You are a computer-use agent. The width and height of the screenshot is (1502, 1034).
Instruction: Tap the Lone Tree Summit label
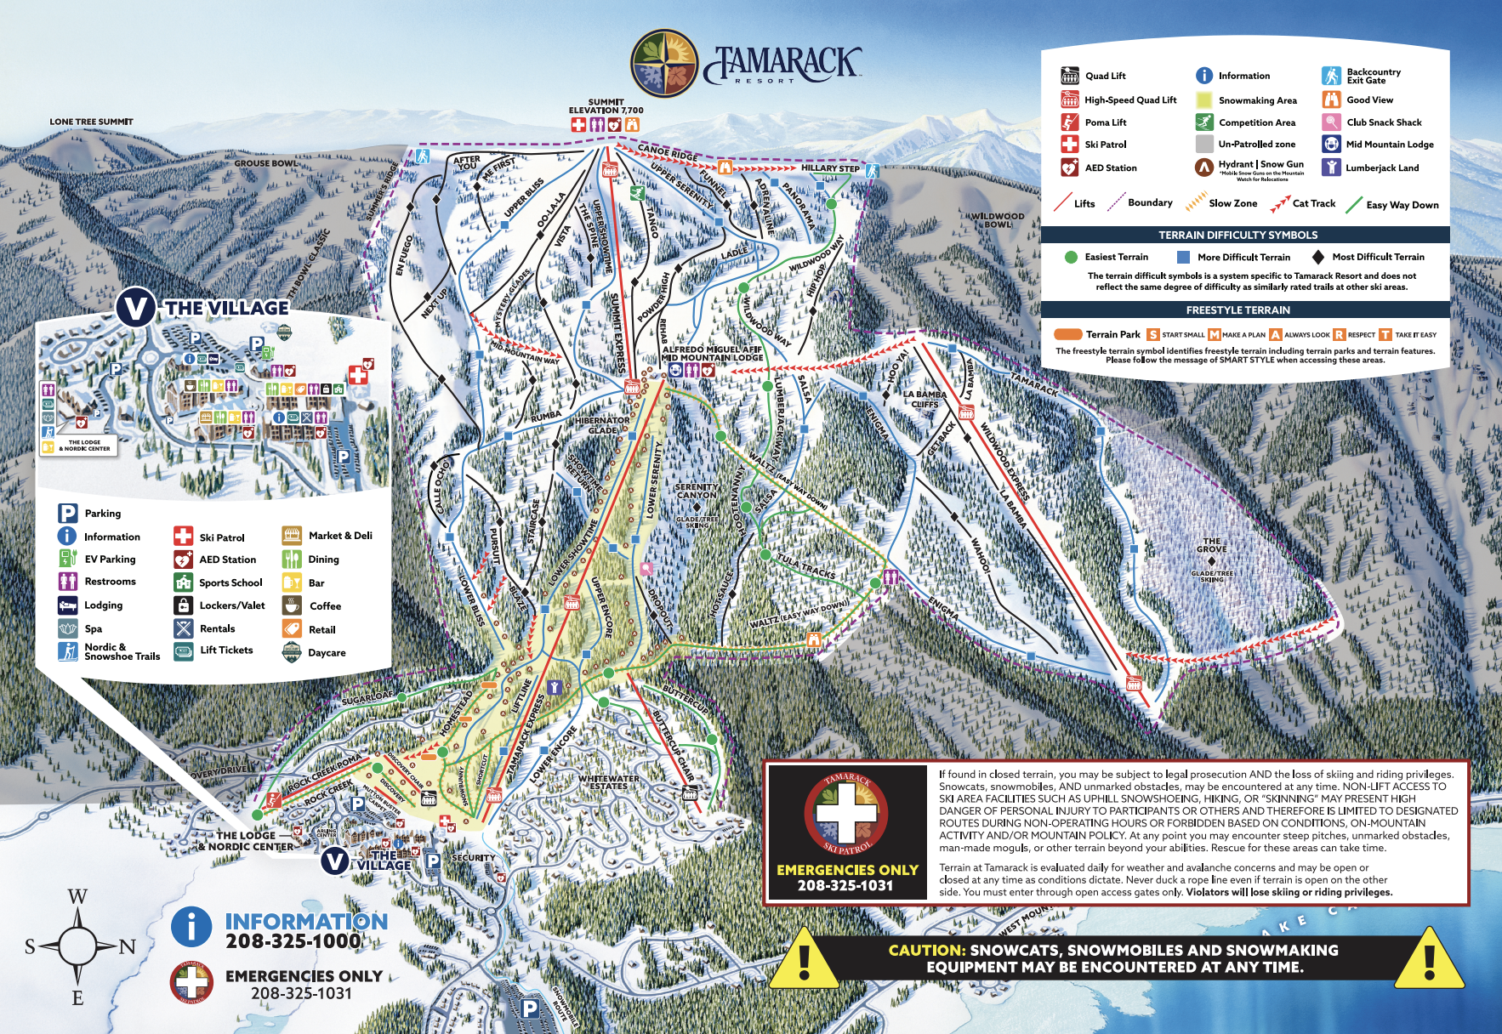pyautogui.click(x=91, y=122)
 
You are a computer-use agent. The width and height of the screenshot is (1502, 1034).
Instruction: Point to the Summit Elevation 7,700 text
pyautogui.click(x=606, y=106)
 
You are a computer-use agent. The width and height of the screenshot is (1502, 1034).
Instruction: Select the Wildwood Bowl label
pyautogui.click(x=998, y=220)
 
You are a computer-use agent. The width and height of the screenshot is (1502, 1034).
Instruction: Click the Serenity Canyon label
pyautogui.click(x=697, y=491)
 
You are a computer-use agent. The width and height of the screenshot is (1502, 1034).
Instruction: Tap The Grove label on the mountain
pyautogui.click(x=1212, y=545)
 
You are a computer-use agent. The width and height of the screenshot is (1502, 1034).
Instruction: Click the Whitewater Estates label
pyautogui.click(x=609, y=782)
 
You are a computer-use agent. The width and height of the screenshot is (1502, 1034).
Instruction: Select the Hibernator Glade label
pyautogui.click(x=602, y=425)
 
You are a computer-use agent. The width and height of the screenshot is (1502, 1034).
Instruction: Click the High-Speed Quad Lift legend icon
pyautogui.click(x=1069, y=100)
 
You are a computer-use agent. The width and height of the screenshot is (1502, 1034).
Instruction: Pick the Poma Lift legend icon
pyautogui.click(x=1069, y=122)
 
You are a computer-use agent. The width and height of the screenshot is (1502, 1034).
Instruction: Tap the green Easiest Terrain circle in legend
pyautogui.click(x=1071, y=257)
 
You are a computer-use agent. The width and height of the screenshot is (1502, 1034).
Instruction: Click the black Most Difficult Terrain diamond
pyautogui.click(x=1317, y=257)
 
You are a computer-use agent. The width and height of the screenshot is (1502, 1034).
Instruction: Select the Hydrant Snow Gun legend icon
pyautogui.click(x=1203, y=167)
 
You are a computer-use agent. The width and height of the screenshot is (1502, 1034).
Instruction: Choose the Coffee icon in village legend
pyautogui.click(x=292, y=605)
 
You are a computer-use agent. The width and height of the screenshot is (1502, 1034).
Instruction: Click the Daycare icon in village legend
pyautogui.click(x=292, y=652)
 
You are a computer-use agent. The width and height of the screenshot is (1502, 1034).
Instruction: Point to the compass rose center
pyautogui.click(x=77, y=946)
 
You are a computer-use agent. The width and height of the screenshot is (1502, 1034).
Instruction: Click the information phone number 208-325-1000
pyautogui.click(x=293, y=941)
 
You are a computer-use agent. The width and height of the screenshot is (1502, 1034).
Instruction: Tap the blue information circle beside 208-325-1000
pyautogui.click(x=191, y=926)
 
